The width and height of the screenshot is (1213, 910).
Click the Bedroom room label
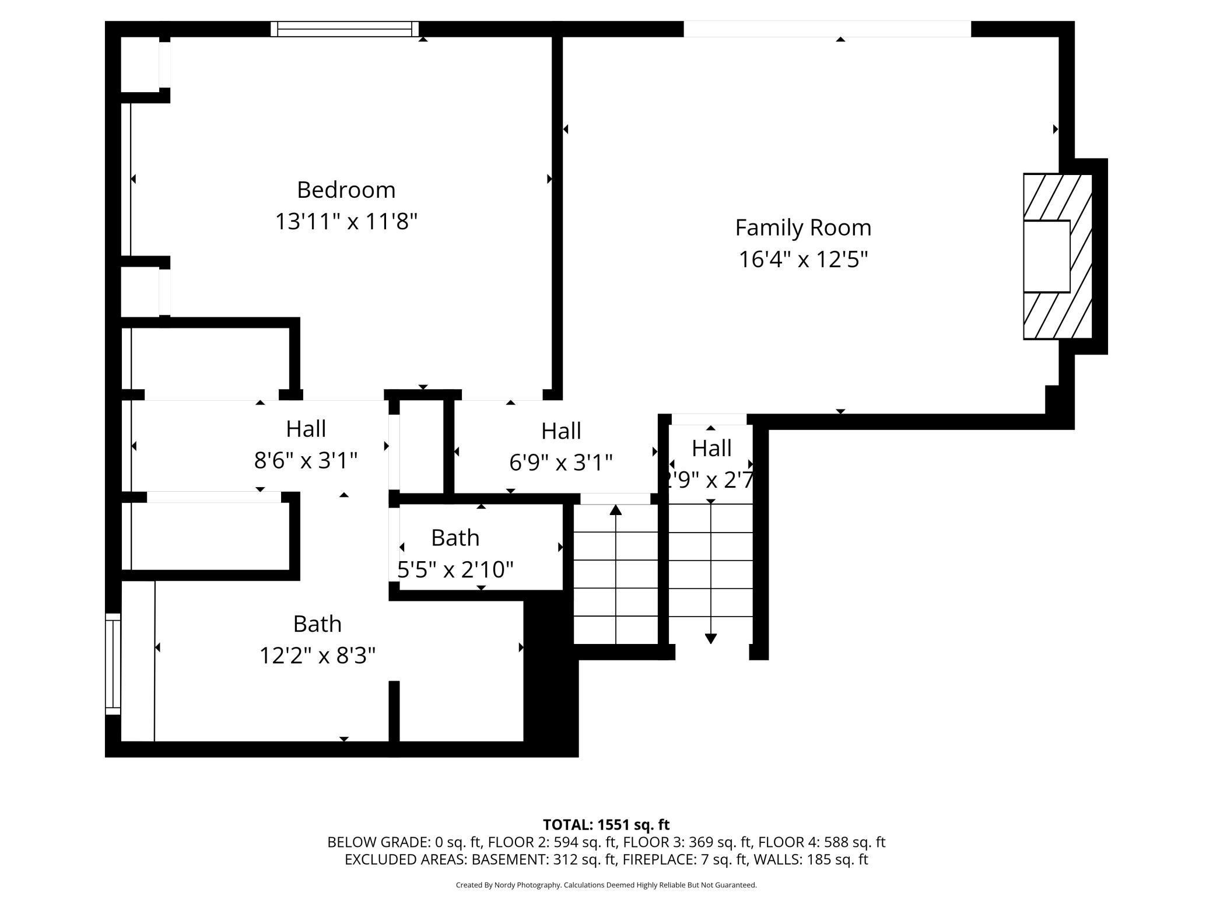pos(346,190)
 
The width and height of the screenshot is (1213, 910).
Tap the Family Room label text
pos(803,228)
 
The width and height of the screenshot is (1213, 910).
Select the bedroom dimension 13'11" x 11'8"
pos(346,222)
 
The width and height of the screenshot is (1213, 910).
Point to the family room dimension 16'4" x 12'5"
pos(804,259)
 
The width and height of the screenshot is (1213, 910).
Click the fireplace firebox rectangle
pos(1047,256)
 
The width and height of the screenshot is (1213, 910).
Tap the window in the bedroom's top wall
pos(345,29)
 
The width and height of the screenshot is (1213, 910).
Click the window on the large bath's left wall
pos(113,664)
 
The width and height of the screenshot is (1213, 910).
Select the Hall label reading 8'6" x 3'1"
pos(306,444)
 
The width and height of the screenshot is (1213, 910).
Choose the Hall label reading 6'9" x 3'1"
pos(561,447)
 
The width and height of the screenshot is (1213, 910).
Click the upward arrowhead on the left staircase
pos(616,510)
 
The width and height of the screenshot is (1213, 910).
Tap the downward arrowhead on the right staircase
pos(711,638)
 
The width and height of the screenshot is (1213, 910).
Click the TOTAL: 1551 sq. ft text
pos(606,825)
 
